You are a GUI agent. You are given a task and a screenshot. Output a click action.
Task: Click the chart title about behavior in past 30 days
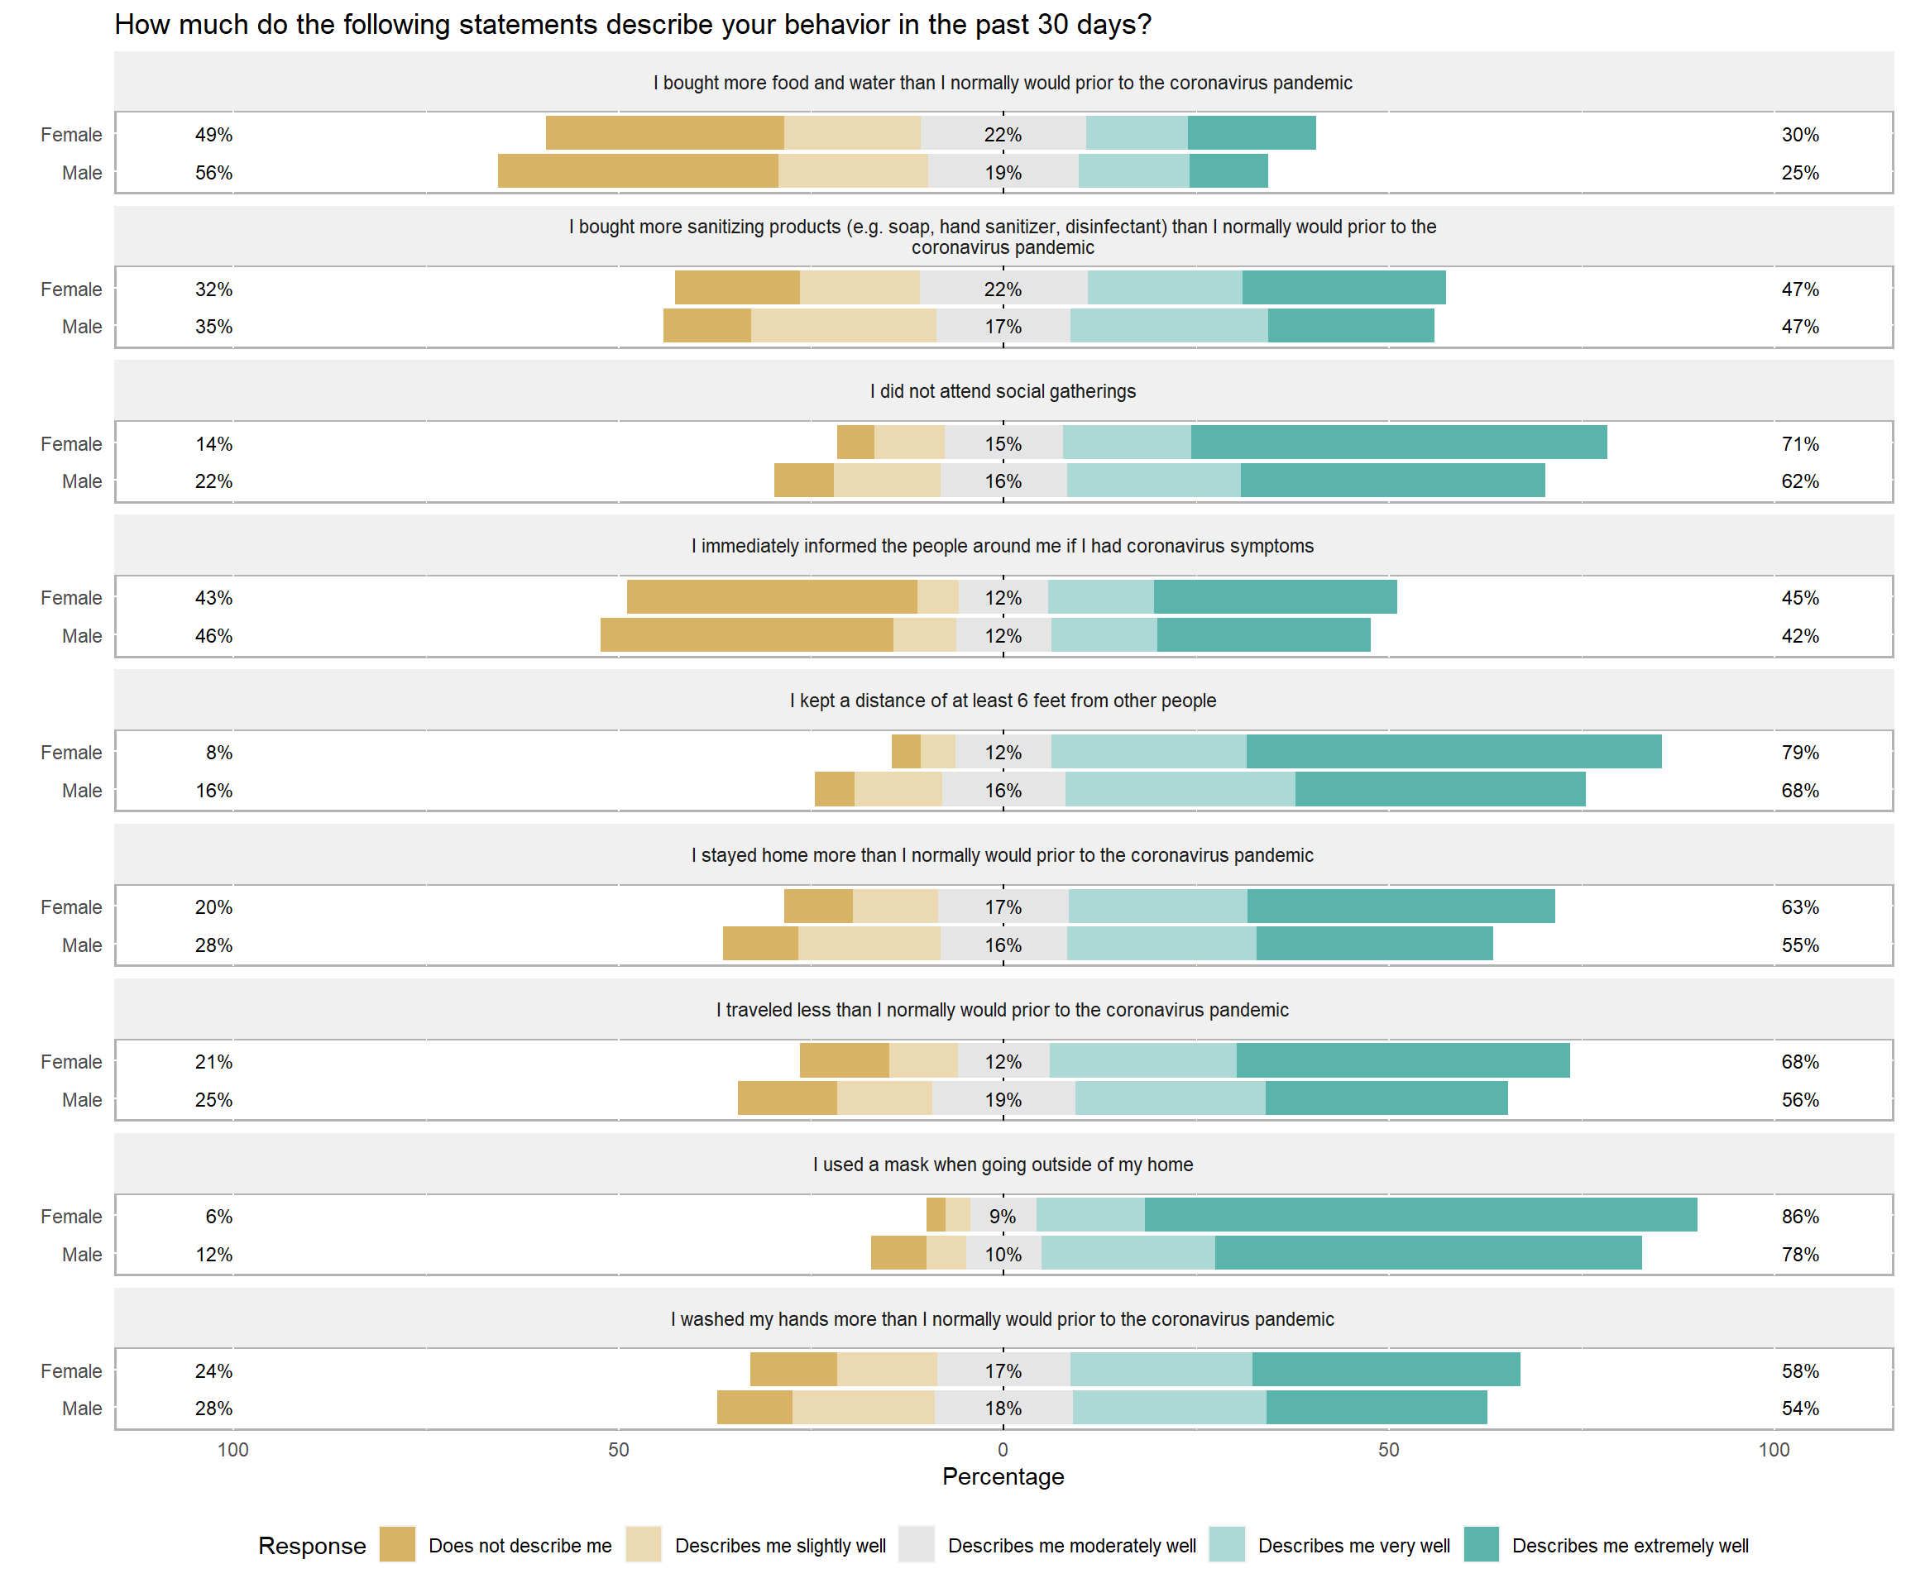tap(633, 25)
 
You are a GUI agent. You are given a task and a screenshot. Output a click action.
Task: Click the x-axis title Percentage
tap(1003, 1476)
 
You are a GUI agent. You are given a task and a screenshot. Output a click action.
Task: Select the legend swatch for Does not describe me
tap(396, 1544)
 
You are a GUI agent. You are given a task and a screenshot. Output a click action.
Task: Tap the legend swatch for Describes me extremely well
tap(1482, 1544)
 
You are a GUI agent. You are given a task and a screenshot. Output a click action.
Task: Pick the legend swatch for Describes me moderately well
tap(916, 1544)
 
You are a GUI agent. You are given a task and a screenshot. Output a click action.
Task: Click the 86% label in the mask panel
tap(1800, 1216)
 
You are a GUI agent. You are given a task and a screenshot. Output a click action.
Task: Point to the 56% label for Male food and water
tap(213, 172)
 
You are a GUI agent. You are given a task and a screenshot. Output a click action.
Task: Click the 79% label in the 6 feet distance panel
tap(1800, 753)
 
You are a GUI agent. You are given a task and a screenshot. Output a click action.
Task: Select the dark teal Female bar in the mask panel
tap(1420, 1215)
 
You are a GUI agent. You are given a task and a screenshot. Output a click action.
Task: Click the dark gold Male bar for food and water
tap(638, 171)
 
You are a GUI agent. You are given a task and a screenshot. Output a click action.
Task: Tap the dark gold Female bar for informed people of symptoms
tap(772, 597)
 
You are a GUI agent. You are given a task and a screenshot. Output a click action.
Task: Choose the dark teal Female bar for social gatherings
tap(1399, 442)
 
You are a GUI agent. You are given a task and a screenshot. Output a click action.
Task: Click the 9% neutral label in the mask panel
tap(1002, 1216)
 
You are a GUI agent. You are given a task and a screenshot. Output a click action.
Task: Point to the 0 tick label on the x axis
tap(1003, 1449)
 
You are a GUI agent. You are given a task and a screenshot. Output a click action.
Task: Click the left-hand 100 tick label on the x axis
tap(233, 1449)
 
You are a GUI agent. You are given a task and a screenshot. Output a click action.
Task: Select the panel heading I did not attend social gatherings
tap(1003, 391)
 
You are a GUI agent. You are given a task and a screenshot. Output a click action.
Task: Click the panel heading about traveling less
tap(1002, 1010)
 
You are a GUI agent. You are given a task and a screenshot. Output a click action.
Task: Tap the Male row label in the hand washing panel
tap(82, 1409)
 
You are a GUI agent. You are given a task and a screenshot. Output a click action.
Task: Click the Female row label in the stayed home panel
tap(71, 907)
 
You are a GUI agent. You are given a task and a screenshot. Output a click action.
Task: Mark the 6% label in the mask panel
tap(218, 1216)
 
